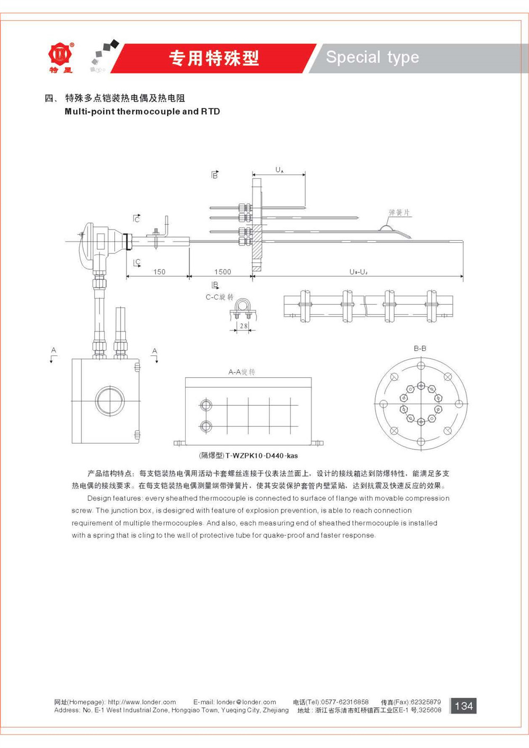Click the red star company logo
click(x=61, y=54)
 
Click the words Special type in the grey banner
click(x=372, y=57)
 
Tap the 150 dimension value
click(x=159, y=271)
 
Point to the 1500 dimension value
click(x=223, y=271)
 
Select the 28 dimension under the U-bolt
click(x=243, y=325)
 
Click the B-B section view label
click(x=420, y=348)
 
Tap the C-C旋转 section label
click(x=220, y=297)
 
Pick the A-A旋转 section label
click(x=241, y=372)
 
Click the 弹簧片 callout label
click(x=399, y=212)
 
